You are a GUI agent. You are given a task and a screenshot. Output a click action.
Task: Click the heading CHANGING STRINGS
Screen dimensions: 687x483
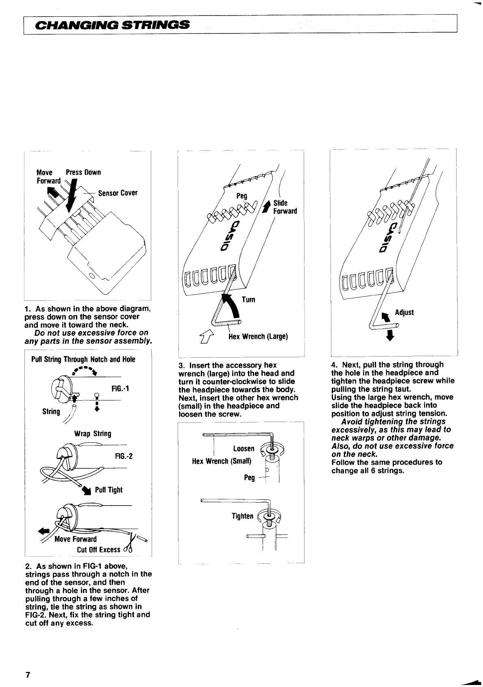pyautogui.click(x=113, y=25)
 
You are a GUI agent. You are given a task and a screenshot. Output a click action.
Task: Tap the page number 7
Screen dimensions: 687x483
pyautogui.click(x=28, y=675)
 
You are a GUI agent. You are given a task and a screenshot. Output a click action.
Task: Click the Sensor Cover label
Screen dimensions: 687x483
pyautogui.click(x=118, y=193)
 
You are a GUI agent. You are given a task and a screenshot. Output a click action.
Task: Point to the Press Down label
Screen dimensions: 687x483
pyautogui.click(x=83, y=173)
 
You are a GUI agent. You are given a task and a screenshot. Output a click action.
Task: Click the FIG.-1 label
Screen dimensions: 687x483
pyautogui.click(x=120, y=388)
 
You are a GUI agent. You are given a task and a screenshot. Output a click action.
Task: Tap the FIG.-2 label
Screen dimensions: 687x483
pyautogui.click(x=124, y=456)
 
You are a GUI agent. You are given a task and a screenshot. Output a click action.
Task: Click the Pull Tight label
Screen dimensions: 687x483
pyautogui.click(x=109, y=490)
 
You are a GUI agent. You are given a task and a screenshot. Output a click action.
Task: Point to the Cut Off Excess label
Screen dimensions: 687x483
pyautogui.click(x=99, y=549)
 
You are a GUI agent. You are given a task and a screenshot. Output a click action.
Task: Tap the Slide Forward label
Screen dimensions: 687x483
pyautogui.click(x=285, y=207)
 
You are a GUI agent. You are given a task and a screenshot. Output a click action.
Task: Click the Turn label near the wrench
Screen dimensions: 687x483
pyautogui.click(x=248, y=300)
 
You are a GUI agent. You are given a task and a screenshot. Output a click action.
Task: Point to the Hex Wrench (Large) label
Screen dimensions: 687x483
pyautogui.click(x=258, y=337)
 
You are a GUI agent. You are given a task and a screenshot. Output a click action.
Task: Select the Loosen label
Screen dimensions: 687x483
pyautogui.click(x=244, y=449)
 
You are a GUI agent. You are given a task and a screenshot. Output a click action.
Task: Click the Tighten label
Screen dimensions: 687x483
pyautogui.click(x=242, y=516)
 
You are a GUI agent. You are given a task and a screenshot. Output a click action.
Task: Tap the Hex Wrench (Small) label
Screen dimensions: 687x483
pyautogui.click(x=222, y=461)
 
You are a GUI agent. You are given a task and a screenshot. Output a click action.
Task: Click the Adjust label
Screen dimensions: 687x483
pyautogui.click(x=404, y=312)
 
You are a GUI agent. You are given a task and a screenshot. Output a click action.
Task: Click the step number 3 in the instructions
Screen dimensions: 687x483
pyautogui.click(x=181, y=365)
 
